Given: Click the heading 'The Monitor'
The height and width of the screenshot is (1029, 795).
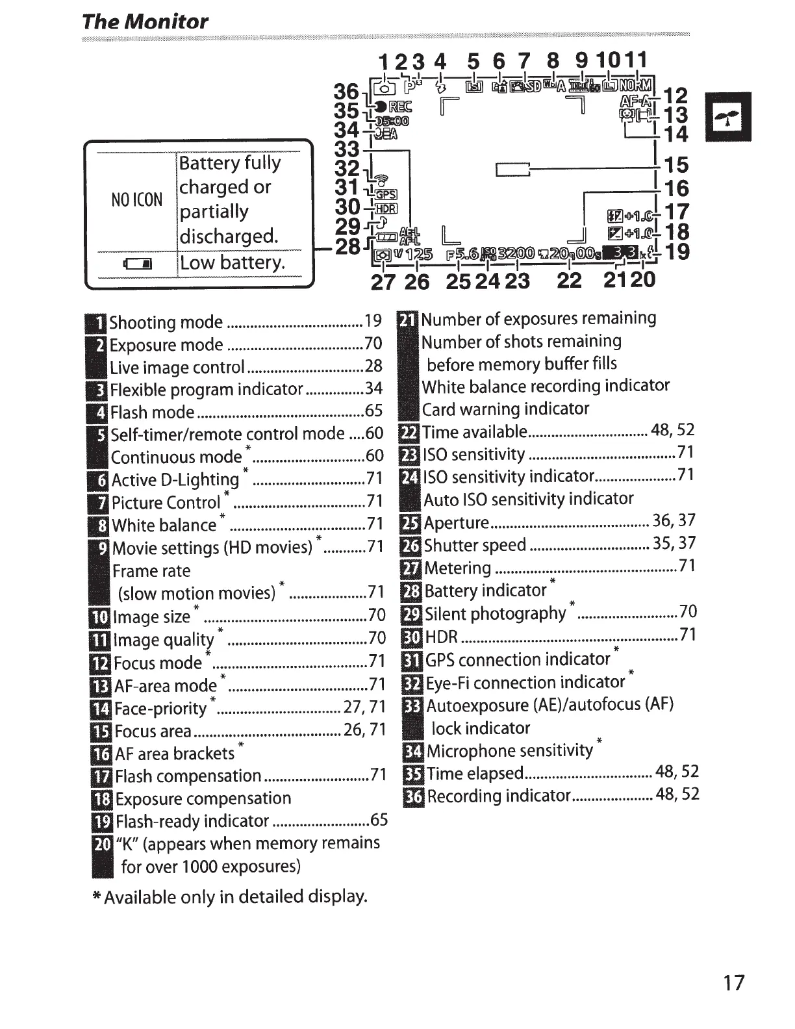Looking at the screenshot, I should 145,21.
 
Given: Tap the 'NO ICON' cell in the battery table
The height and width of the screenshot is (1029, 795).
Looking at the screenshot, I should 136,199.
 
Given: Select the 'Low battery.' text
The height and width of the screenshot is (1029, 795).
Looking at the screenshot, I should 232,262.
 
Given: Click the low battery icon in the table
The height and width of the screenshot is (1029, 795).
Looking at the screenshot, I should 138,264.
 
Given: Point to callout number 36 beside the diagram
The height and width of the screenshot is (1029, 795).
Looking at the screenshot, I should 346,92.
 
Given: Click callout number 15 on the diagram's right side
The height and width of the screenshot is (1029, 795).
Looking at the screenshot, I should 675,165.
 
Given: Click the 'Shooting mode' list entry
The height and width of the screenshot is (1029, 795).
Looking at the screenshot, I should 166,322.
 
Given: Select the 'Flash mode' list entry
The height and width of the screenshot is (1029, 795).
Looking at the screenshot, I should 153,412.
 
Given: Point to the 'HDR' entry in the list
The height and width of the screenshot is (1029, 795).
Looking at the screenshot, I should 442,637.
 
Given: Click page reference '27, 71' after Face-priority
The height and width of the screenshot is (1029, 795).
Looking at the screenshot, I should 364,707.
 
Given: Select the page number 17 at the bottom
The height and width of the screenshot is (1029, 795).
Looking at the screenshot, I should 733,982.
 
